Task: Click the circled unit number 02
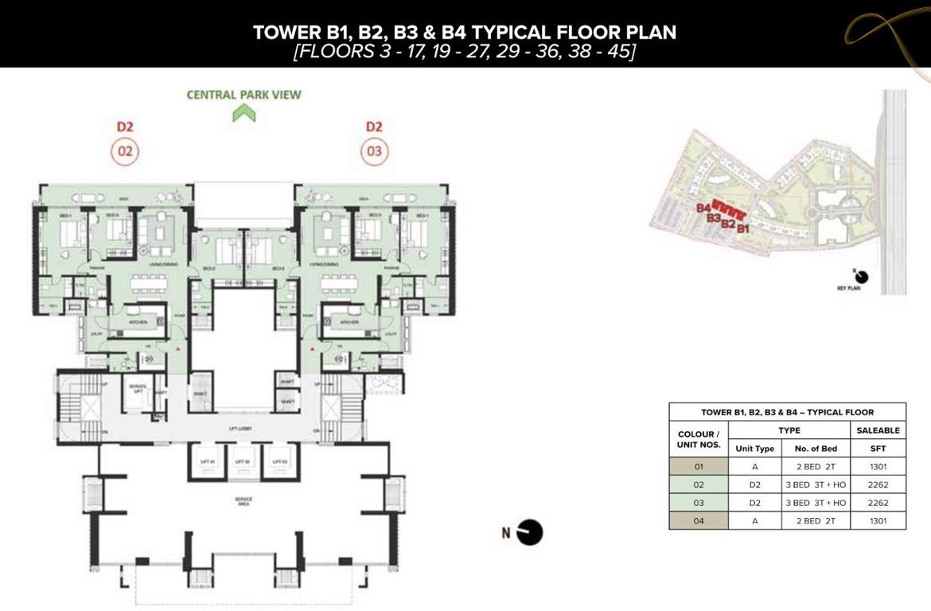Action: (x=125, y=151)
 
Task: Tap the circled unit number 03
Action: (x=374, y=151)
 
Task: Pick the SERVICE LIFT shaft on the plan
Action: (x=137, y=395)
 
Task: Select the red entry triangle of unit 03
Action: (x=314, y=349)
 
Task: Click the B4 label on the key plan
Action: (x=703, y=208)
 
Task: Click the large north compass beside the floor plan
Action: (x=529, y=533)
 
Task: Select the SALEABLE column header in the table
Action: (x=878, y=430)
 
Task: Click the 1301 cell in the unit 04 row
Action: (x=878, y=521)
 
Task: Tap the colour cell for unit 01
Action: (x=698, y=467)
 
